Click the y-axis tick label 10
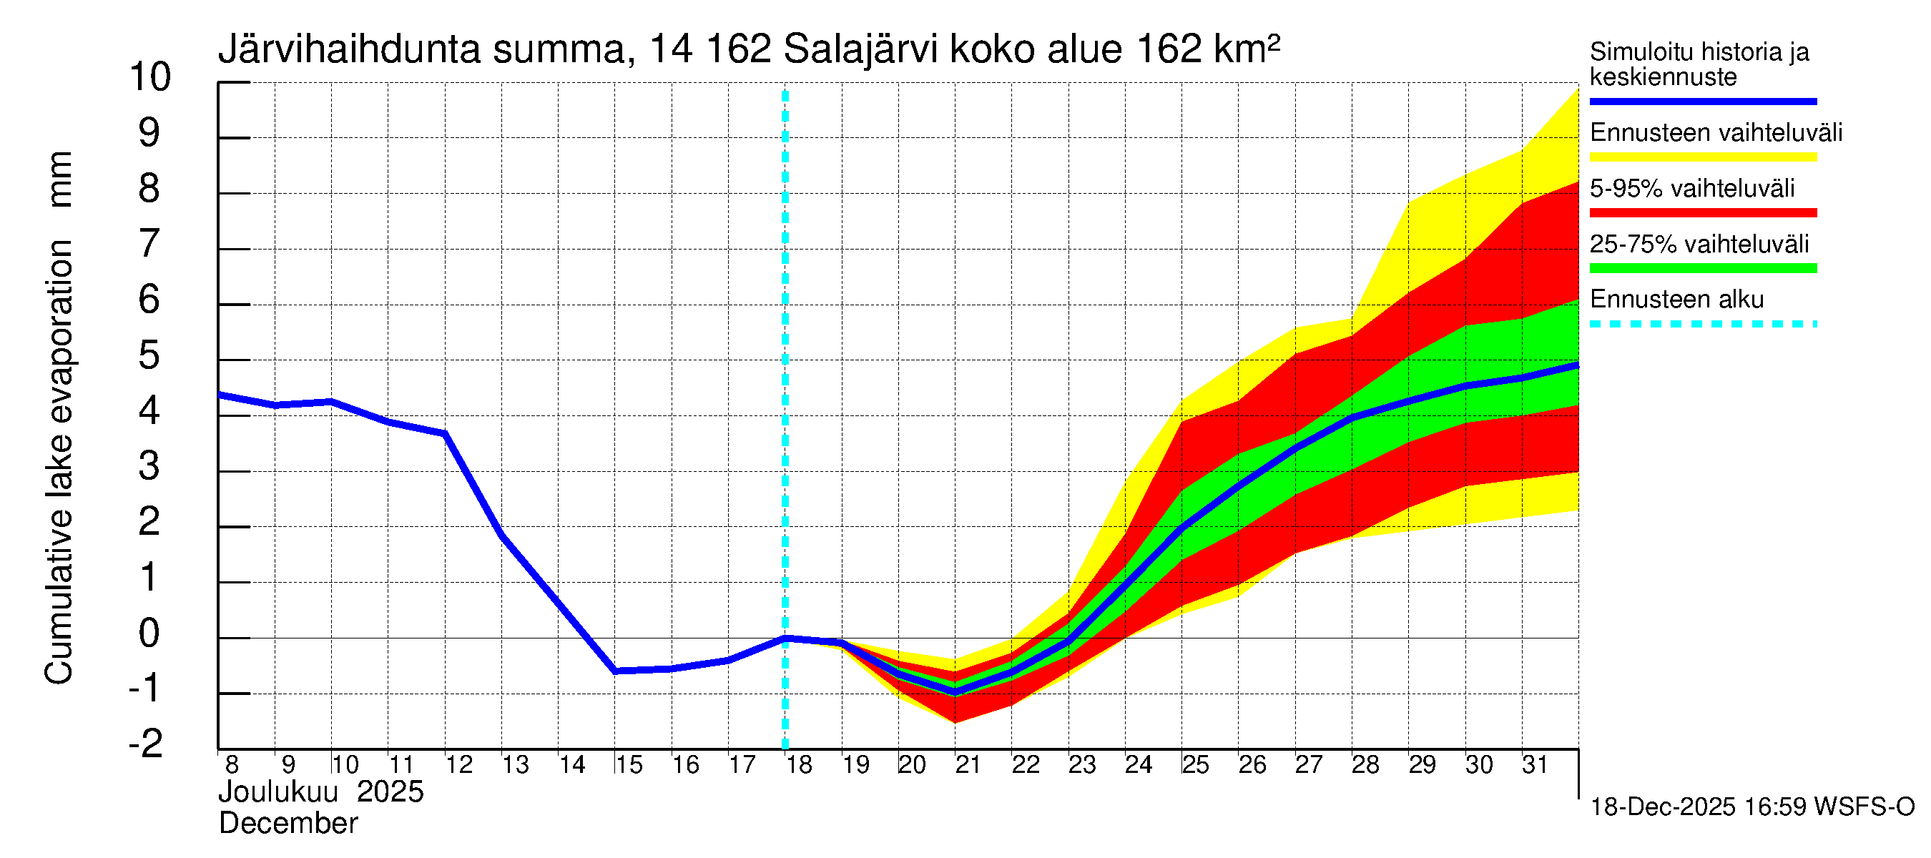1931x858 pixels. click(x=150, y=77)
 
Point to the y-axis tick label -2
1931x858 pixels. click(x=146, y=744)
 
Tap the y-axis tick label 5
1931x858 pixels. click(x=149, y=355)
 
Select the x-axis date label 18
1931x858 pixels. click(x=799, y=765)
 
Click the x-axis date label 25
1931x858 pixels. click(x=1196, y=765)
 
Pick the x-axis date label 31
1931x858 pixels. click(x=1536, y=765)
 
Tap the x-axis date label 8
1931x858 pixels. click(x=232, y=765)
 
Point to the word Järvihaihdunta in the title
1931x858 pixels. click(x=349, y=50)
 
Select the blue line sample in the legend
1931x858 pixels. click(x=1702, y=101)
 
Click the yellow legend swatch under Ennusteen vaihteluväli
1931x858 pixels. click(x=1702, y=157)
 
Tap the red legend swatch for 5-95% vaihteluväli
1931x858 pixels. click(x=1702, y=213)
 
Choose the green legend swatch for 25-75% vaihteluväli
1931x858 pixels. click(x=1702, y=268)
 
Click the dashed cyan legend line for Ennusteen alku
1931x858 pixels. click(x=1702, y=325)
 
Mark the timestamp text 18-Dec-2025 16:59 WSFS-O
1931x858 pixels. click(x=1751, y=807)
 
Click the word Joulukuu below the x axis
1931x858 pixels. click(x=277, y=792)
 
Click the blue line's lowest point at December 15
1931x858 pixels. click(x=614, y=671)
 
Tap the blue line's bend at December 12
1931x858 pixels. click(x=446, y=434)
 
